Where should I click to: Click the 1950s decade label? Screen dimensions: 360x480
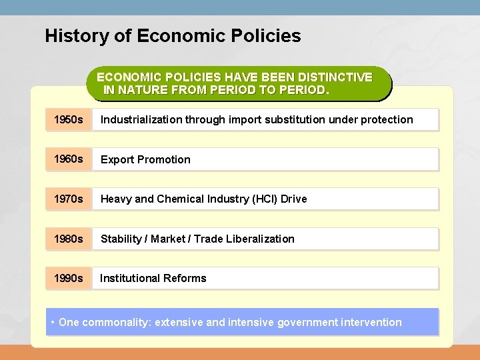click(67, 120)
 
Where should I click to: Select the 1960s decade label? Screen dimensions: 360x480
click(67, 159)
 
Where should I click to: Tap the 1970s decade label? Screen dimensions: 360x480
click(67, 199)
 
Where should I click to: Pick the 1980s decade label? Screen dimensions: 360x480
click(67, 239)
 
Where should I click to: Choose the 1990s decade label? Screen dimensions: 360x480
click(67, 278)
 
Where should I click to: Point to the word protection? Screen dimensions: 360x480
click(387, 120)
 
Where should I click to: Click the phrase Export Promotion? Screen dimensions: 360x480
click(145, 159)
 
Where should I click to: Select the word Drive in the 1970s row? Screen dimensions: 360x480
click(294, 199)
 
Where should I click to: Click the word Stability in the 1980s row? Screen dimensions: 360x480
click(121, 239)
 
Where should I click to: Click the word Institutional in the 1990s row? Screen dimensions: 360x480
click(129, 278)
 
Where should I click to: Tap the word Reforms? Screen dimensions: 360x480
click(184, 278)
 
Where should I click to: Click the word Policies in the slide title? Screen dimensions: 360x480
click(266, 35)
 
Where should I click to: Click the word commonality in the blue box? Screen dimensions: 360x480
click(116, 323)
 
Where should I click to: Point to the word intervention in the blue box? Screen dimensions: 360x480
click(371, 323)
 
